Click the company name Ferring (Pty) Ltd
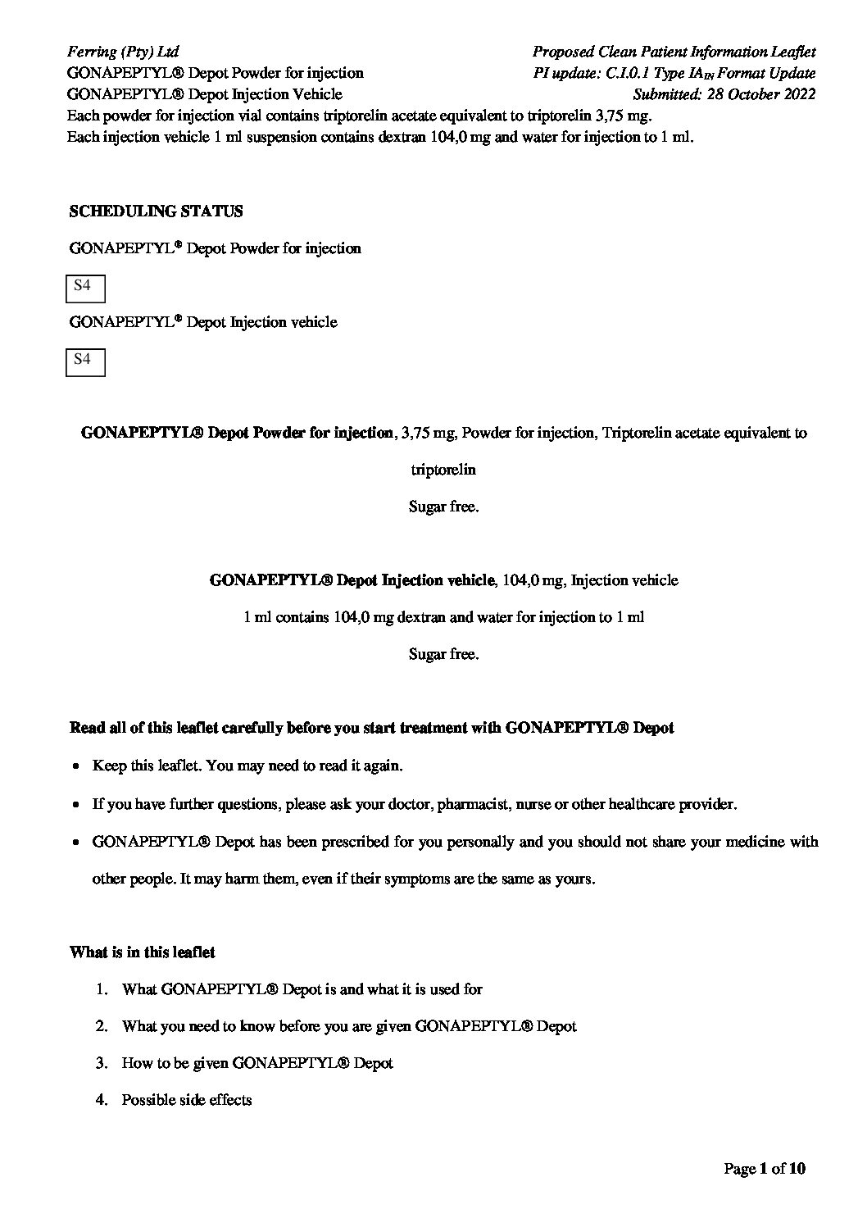(x=122, y=52)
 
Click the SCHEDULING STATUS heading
(x=156, y=211)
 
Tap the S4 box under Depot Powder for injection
(x=84, y=288)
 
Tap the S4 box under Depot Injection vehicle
(x=84, y=361)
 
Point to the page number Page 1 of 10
(x=765, y=1168)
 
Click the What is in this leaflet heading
(x=143, y=952)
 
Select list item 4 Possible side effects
(x=186, y=1100)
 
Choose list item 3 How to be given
(x=256, y=1063)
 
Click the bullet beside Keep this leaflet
(x=75, y=767)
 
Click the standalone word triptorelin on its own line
(x=443, y=470)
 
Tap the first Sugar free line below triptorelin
(x=443, y=507)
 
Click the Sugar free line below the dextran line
(x=443, y=654)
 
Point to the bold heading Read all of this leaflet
(x=371, y=728)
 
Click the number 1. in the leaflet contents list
(x=102, y=989)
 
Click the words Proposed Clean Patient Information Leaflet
(x=674, y=52)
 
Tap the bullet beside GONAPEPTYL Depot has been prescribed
(x=75, y=843)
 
